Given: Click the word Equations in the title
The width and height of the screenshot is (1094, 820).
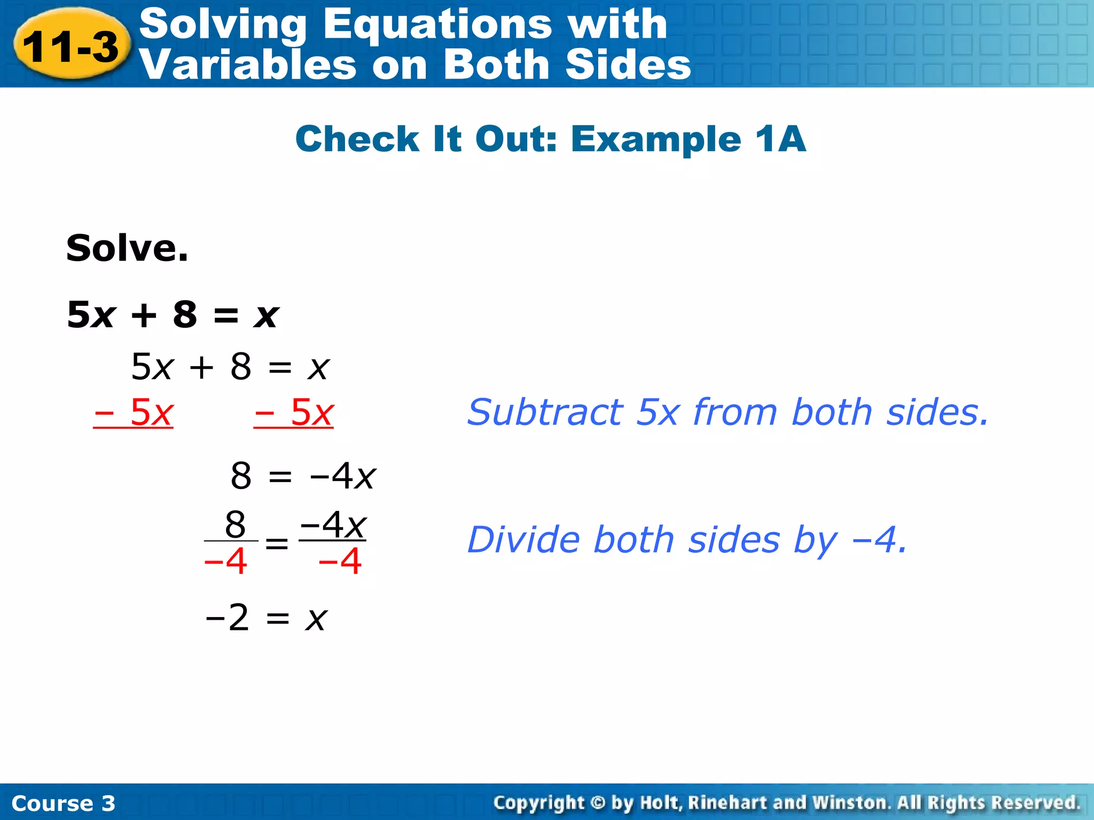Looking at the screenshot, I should tap(437, 24).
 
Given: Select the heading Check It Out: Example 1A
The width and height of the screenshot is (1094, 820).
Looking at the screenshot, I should tap(550, 139).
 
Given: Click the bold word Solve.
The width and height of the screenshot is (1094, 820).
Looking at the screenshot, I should tap(127, 248).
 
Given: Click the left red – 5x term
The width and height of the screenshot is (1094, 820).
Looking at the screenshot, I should tap(134, 413).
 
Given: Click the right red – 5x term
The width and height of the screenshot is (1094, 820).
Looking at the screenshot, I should tap(294, 413).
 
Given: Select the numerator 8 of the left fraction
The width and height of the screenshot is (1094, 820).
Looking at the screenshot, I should tap(235, 524).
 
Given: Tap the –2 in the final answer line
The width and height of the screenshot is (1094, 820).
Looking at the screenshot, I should tap(228, 618).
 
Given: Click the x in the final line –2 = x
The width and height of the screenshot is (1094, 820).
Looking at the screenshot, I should tap(316, 619).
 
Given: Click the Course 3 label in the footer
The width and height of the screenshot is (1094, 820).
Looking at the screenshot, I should tap(63, 803).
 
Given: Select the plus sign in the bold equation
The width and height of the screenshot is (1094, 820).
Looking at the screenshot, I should tap(144, 315).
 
